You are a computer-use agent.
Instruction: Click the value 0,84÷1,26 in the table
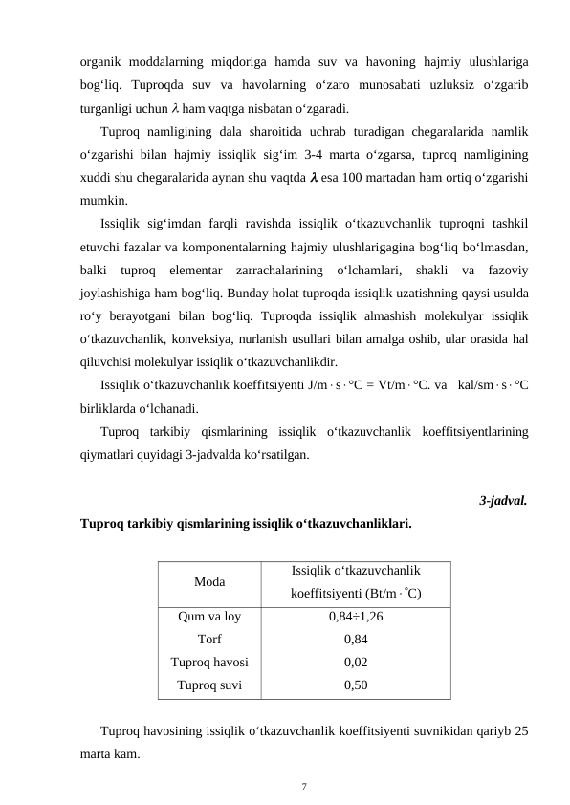coord(356,618)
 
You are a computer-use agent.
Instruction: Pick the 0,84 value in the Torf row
coord(356,640)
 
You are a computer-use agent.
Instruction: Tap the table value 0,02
coord(356,662)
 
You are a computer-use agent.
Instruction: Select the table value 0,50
coord(356,684)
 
